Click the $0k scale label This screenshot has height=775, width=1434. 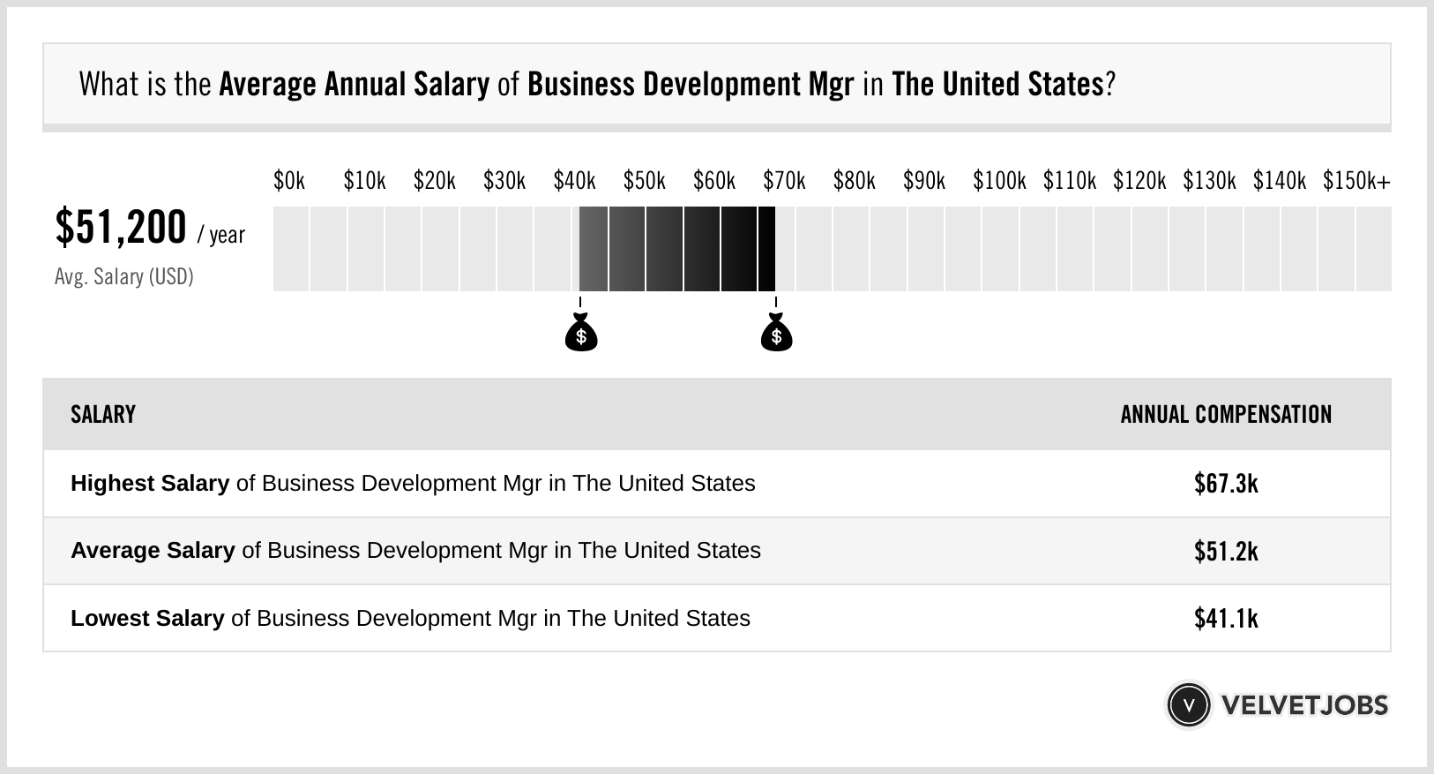click(289, 181)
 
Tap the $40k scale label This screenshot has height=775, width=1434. click(574, 181)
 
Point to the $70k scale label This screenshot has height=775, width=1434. click(784, 181)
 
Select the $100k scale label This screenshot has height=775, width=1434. click(999, 181)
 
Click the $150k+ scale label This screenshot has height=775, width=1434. click(1356, 181)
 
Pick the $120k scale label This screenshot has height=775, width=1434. click(1139, 181)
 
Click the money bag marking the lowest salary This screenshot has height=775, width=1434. click(580, 334)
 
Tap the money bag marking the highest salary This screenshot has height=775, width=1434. click(776, 334)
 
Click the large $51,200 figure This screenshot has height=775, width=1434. click(121, 228)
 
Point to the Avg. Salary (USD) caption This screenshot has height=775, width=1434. click(124, 277)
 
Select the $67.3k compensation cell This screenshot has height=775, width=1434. click(1226, 484)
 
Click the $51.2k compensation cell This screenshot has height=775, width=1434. click(1226, 551)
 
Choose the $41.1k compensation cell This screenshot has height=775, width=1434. click(1226, 619)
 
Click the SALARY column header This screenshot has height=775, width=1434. click(103, 415)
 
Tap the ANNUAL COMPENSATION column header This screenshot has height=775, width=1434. click(1226, 415)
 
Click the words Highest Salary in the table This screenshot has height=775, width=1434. click(150, 484)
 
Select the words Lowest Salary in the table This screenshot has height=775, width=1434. click(147, 619)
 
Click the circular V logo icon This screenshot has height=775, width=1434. click(1188, 705)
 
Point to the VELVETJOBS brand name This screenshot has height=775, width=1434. click(1304, 705)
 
